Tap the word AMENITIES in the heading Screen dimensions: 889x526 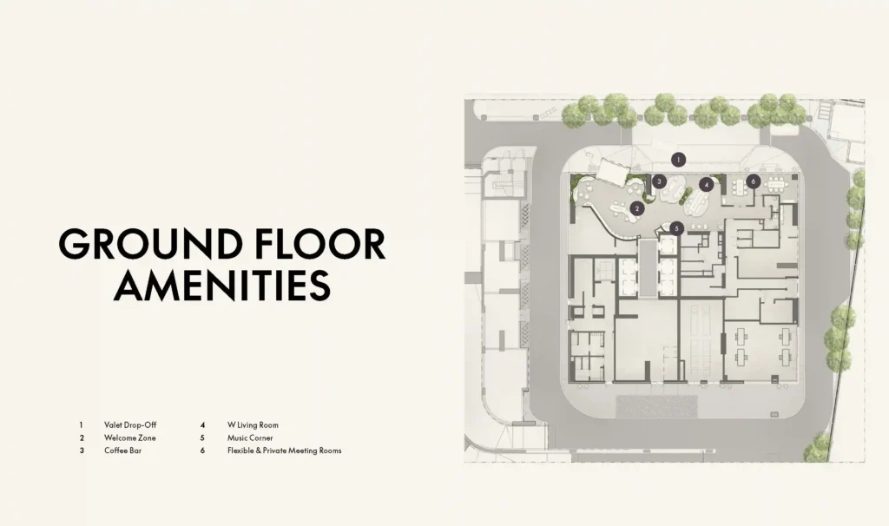[222, 285]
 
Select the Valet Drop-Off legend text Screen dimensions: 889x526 [130, 424]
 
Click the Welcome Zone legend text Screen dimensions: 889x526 [130, 437]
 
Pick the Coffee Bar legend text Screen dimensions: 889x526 [123, 450]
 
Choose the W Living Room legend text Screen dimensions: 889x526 [253, 424]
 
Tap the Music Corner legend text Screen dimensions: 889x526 [250, 437]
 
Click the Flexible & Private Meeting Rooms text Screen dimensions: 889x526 [285, 450]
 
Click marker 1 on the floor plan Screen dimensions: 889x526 [678, 160]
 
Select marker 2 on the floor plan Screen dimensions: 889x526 [637, 208]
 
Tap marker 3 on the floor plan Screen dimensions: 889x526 [659, 181]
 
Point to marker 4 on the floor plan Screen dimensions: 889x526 [706, 184]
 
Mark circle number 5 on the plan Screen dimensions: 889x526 [676, 228]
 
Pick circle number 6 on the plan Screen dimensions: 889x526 [753, 181]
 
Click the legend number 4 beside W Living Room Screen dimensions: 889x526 [202, 424]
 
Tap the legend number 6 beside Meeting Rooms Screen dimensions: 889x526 [202, 450]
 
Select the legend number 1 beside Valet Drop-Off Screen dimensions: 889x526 [81, 424]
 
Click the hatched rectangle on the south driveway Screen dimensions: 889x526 [656, 406]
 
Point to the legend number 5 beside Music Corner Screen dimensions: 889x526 [202, 437]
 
